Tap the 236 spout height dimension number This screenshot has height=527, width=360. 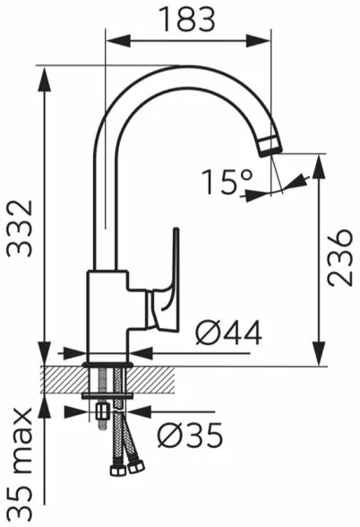[x=339, y=257]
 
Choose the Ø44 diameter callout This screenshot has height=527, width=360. [x=227, y=333]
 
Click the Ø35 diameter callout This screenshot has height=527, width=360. [x=189, y=436]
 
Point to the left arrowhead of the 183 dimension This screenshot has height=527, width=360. [x=112, y=40]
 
